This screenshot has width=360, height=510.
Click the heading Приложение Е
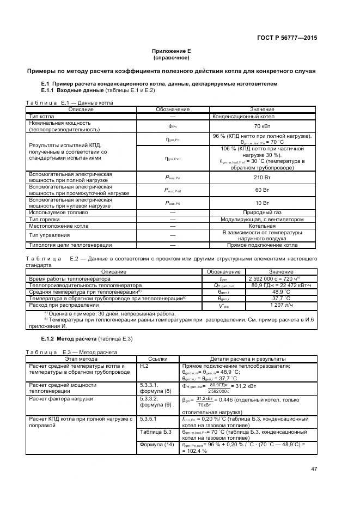click(171, 51)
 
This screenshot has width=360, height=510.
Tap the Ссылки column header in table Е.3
click(158, 359)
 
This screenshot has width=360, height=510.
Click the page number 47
click(314, 469)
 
